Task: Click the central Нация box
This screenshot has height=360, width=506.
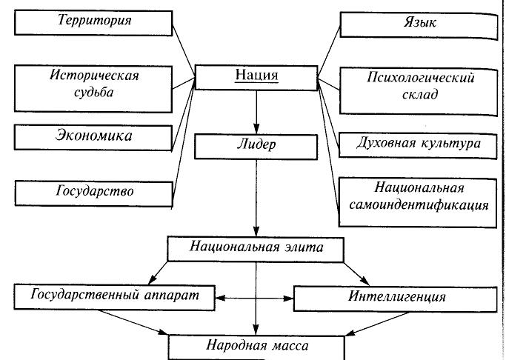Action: tap(256, 76)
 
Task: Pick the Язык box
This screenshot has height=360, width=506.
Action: tap(418, 23)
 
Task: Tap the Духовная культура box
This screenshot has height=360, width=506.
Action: tap(418, 142)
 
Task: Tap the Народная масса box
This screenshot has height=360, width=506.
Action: tap(256, 345)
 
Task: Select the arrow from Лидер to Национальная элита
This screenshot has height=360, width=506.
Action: tap(256, 196)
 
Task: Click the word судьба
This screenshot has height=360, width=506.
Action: tap(94, 94)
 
